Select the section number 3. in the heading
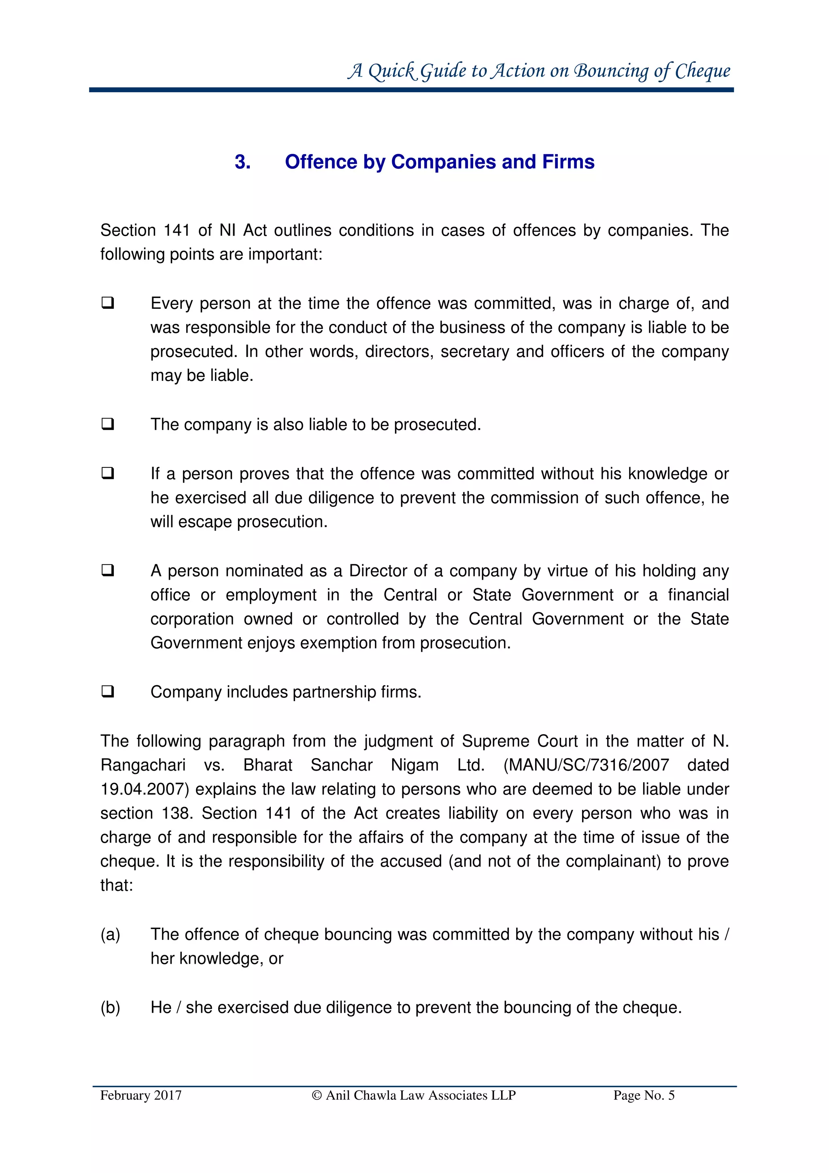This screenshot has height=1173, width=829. click(x=242, y=162)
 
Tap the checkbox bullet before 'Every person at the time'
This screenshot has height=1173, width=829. click(x=107, y=303)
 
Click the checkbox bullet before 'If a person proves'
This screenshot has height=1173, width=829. click(x=107, y=473)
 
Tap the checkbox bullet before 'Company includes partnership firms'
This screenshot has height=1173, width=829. click(x=107, y=691)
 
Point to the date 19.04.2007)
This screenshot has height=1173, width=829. click(x=145, y=789)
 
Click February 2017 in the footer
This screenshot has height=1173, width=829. click(x=141, y=1095)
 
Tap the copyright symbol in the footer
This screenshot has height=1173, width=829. click(x=317, y=1095)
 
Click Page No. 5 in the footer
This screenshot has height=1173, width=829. click(x=644, y=1095)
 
